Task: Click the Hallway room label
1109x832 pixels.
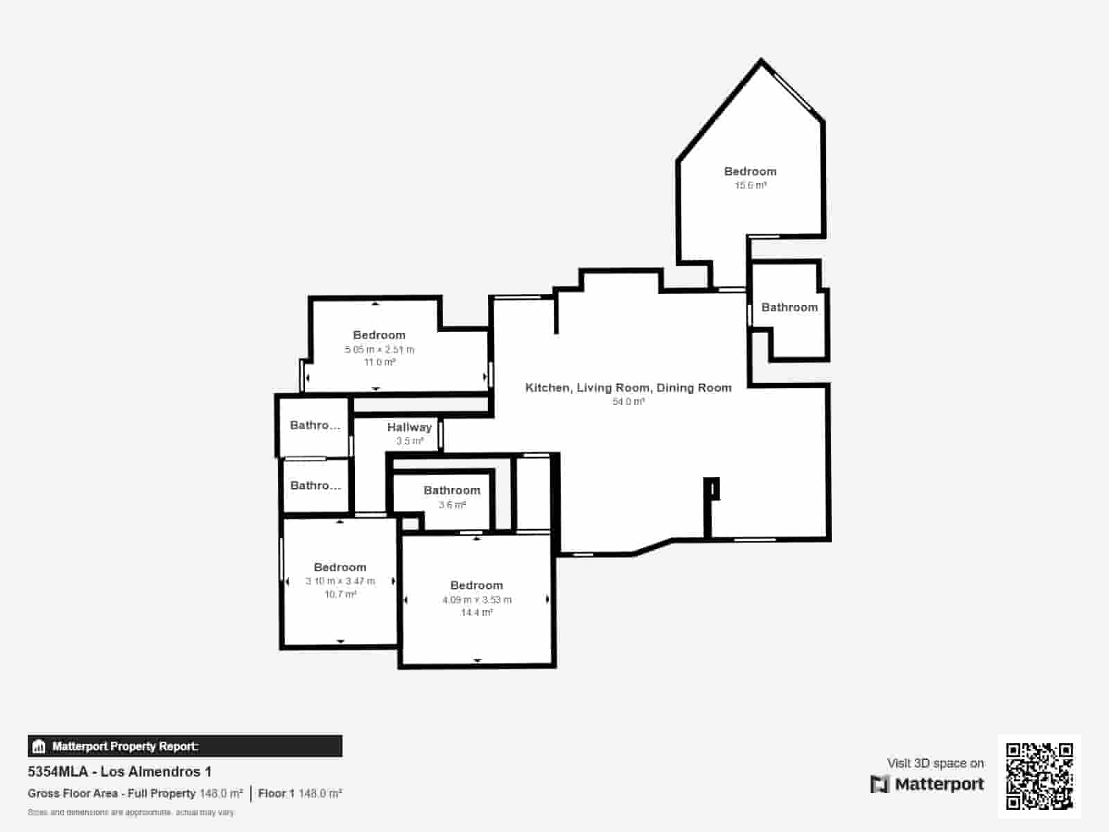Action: click(x=409, y=427)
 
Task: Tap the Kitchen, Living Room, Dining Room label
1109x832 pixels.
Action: click(x=628, y=388)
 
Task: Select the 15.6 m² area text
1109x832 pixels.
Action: click(x=751, y=185)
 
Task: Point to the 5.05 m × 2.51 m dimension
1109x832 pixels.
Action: click(x=379, y=349)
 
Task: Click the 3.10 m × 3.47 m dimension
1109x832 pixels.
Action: click(x=340, y=581)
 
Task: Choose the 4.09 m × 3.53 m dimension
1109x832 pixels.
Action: click(x=477, y=600)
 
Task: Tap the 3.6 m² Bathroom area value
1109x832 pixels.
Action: click(x=452, y=505)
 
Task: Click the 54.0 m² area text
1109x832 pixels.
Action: click(x=628, y=401)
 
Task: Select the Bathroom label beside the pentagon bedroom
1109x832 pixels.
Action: click(x=789, y=307)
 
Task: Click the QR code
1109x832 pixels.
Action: click(x=1039, y=776)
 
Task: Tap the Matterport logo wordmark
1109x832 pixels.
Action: click(x=927, y=784)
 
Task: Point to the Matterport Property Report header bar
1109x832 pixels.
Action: click(x=184, y=746)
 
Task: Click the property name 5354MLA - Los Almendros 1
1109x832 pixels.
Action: click(x=119, y=772)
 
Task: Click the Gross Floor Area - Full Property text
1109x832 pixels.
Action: click(x=112, y=793)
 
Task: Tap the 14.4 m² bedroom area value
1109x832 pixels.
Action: click(x=477, y=613)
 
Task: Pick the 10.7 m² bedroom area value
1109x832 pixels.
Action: click(x=340, y=594)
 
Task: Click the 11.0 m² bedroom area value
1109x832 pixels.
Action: click(x=379, y=363)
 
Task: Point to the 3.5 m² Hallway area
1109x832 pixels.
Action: click(x=410, y=441)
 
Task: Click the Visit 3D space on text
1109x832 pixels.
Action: click(x=935, y=763)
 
